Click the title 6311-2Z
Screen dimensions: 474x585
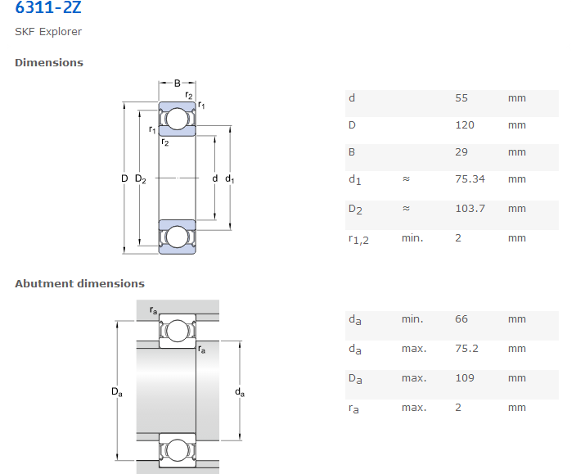coord(48,9)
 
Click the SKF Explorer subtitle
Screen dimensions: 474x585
coord(48,32)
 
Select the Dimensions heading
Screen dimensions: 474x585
coord(49,62)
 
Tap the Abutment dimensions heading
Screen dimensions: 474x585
coord(79,283)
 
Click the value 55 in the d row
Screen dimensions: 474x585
coord(461,98)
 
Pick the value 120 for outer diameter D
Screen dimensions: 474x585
coord(465,125)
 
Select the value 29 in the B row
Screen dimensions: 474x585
coord(461,152)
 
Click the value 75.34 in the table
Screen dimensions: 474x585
coord(470,178)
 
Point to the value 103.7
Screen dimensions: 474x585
coord(470,208)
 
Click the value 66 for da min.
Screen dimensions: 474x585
coord(461,319)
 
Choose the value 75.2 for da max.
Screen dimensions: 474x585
coord(466,349)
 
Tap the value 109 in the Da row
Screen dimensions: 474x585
coord(465,378)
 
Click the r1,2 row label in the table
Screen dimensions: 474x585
coord(358,239)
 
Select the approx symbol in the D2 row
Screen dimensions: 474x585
coord(406,209)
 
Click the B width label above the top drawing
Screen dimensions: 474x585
coord(177,83)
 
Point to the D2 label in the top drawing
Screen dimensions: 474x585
coord(141,179)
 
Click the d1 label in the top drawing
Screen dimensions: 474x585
coord(229,179)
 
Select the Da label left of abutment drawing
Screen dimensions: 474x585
coord(117,392)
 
